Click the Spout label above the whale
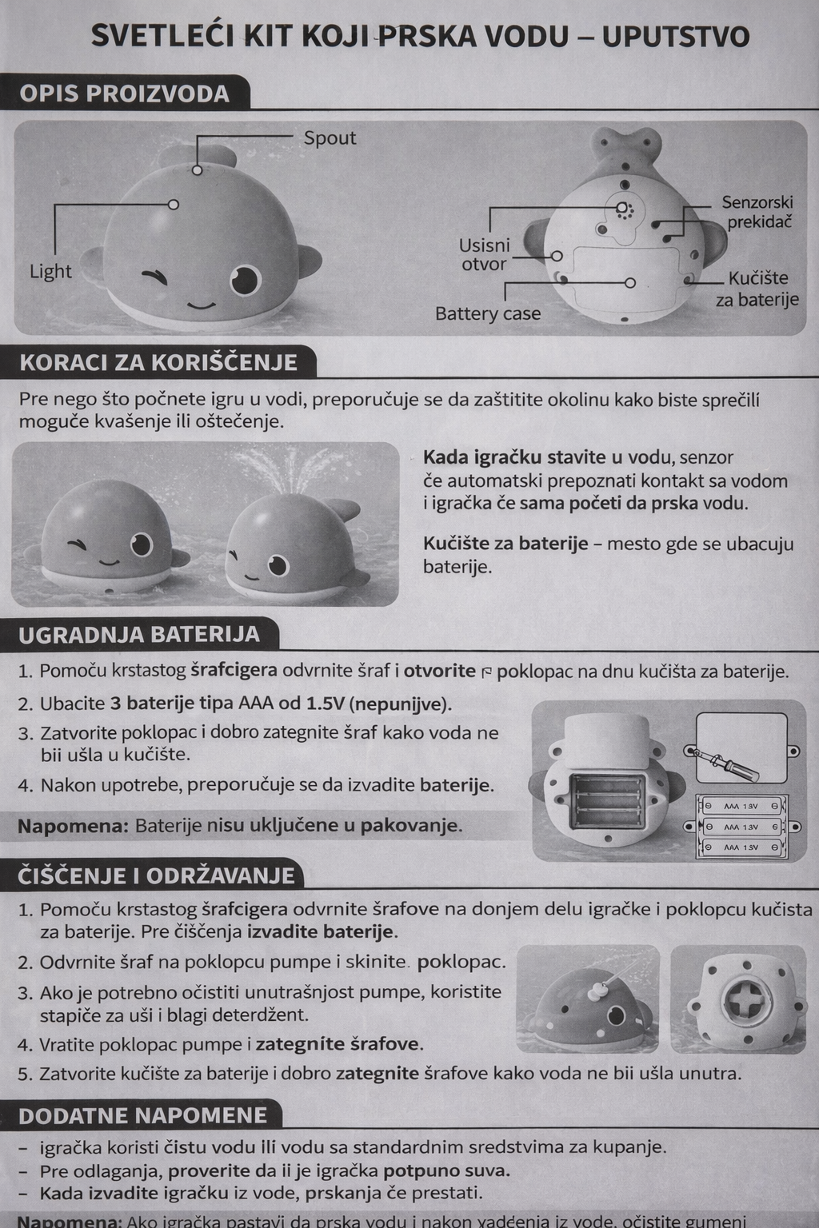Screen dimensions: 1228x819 click(x=330, y=138)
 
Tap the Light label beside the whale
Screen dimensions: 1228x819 click(x=50, y=272)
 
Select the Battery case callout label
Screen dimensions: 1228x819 click(x=487, y=314)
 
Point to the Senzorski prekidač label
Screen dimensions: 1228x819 click(x=757, y=212)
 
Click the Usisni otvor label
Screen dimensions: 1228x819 click(x=484, y=254)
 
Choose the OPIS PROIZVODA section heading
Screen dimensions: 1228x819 click(x=125, y=94)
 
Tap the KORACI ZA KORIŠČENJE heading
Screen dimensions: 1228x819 click(x=158, y=363)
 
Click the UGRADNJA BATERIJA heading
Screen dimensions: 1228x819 click(x=139, y=635)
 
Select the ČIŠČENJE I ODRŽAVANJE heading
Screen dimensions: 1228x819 click(x=157, y=875)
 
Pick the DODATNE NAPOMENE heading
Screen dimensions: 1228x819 click(x=143, y=1115)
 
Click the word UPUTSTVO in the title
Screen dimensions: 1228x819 click(x=676, y=37)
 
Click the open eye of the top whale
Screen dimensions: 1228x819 click(x=245, y=279)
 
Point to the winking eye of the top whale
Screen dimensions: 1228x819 click(x=157, y=277)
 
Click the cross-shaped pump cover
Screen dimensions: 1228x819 click(x=745, y=999)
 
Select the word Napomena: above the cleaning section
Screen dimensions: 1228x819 click(x=73, y=826)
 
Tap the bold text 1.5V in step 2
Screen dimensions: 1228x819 click(x=325, y=704)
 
